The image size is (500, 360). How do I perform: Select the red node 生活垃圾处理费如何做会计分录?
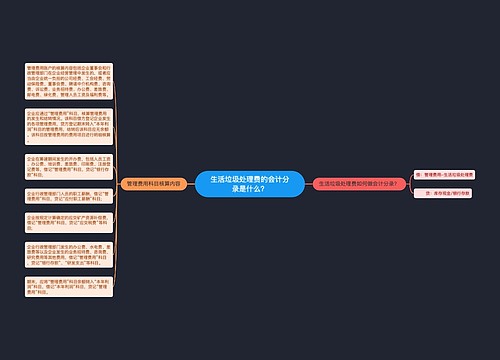coord(359,184)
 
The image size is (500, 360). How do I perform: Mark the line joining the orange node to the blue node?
coord(189,184)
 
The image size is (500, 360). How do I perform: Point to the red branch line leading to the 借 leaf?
coord(411,177)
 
